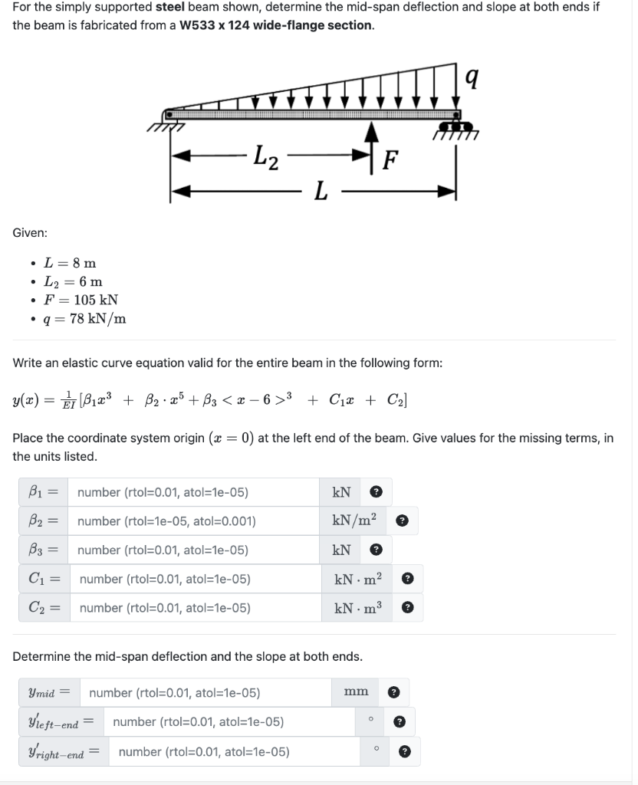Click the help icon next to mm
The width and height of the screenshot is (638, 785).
coord(394,693)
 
